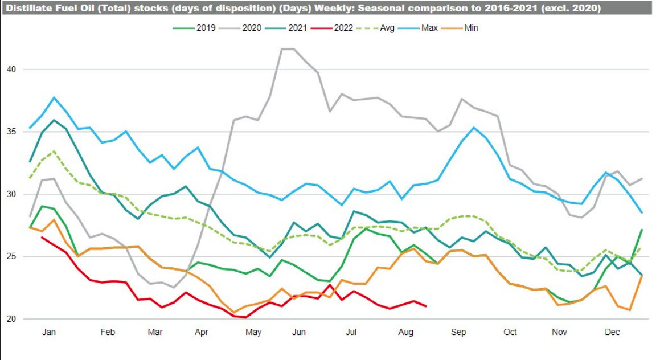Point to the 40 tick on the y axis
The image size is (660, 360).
pos(11,69)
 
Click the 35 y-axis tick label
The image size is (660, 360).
pos(11,132)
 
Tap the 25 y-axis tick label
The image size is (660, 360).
pos(11,257)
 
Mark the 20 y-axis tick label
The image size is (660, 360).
pos(11,319)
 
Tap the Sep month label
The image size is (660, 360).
pos(459,332)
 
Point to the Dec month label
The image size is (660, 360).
pos(612,332)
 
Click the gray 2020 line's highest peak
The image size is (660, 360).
pos(288,49)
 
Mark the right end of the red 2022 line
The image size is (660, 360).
pos(427,306)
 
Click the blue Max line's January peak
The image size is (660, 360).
pos(54,97)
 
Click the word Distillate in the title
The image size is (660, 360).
pos(26,9)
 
